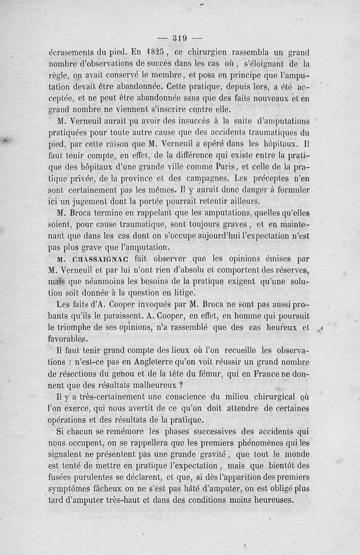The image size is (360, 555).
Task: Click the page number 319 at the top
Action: coord(180,38)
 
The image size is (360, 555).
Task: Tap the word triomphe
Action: coord(78,328)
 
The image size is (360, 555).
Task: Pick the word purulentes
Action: coord(102,478)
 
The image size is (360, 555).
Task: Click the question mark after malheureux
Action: coord(180,385)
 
